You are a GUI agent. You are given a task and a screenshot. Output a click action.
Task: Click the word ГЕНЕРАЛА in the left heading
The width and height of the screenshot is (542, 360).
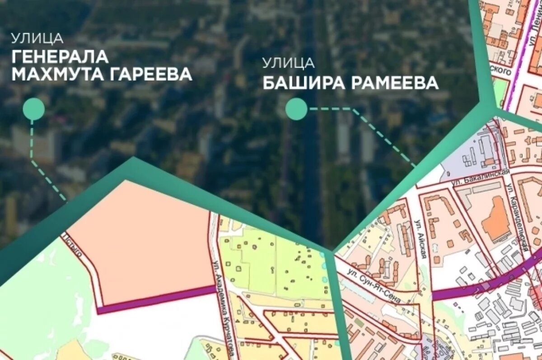[60, 56]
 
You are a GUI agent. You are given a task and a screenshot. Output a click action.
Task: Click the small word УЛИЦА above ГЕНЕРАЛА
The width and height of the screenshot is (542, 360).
[37, 38]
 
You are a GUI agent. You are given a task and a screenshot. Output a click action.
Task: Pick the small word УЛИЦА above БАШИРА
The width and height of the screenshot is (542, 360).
[289, 63]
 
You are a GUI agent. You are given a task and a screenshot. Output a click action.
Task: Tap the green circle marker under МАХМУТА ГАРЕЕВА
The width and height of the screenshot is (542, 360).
[33, 109]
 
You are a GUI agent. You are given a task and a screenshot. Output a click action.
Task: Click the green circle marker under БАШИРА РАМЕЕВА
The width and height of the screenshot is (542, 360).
[296, 109]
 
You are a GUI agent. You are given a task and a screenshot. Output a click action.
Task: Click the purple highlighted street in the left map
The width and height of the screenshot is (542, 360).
[156, 299]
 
